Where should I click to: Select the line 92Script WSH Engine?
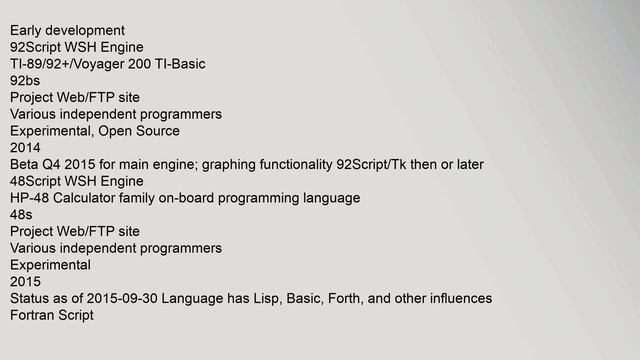click(x=77, y=47)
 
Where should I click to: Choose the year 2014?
click(x=26, y=148)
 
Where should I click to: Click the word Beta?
click(x=25, y=164)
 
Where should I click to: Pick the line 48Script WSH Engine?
click(x=77, y=181)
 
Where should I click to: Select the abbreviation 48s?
click(x=21, y=215)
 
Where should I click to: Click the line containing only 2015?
click(x=26, y=282)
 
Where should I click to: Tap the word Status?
click(x=31, y=299)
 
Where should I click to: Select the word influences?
click(x=457, y=299)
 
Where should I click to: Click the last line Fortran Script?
click(x=52, y=315)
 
